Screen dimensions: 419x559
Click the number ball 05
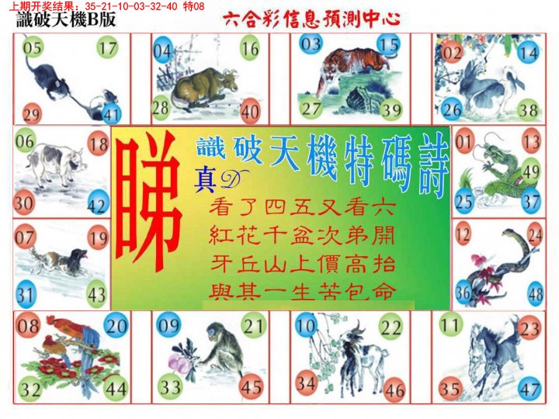[33, 49]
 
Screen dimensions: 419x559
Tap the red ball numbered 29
[32, 114]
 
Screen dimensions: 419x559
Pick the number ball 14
[529, 53]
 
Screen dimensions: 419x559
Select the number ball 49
[531, 171]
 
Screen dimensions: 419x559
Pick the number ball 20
[116, 326]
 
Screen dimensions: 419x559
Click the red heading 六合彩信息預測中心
[311, 19]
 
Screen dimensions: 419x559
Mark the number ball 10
[306, 324]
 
